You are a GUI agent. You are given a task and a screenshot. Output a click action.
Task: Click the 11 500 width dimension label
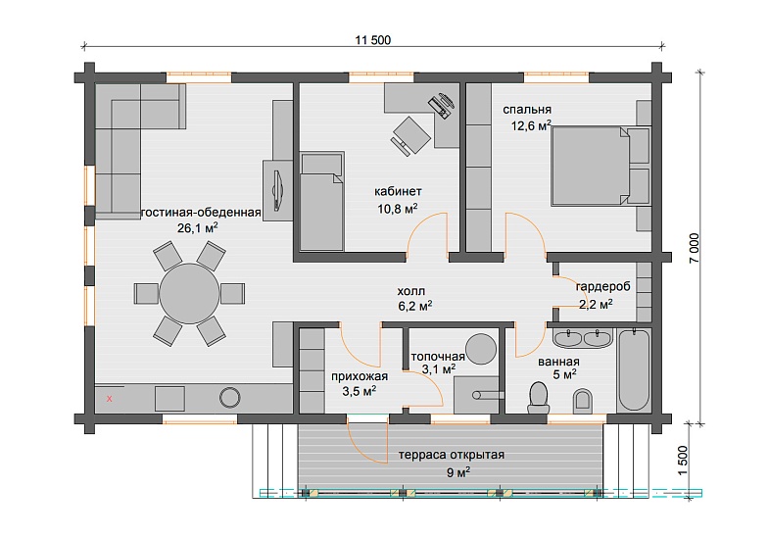pos(372,40)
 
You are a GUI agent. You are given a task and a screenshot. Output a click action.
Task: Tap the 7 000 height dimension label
pos(694,248)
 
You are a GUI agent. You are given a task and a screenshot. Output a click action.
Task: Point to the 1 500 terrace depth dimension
pos(683,461)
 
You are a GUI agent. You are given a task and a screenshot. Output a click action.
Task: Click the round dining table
pos(189,293)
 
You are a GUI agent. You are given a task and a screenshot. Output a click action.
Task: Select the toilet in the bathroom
pos(538,396)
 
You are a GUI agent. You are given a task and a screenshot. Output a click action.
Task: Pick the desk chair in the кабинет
pos(410,135)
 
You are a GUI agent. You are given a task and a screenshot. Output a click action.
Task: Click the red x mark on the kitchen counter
pos(110,399)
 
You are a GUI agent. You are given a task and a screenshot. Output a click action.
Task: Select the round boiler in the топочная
pos(480,349)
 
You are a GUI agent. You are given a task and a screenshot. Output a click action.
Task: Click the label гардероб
pos(602,286)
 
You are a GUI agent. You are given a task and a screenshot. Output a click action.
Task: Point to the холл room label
pos(411,292)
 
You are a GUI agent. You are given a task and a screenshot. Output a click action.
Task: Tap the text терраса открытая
pos(451,455)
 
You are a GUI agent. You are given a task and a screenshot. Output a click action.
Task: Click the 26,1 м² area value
pos(198,227)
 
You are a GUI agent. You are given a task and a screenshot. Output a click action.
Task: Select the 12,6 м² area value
pos(531,125)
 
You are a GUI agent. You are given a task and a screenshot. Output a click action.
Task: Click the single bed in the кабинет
pos(321,202)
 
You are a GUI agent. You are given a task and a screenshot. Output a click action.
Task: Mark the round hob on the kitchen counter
pos(229,398)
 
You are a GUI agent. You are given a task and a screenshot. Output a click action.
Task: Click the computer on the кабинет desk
pos(442,106)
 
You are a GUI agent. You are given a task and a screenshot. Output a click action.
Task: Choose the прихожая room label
pos(359,376)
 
